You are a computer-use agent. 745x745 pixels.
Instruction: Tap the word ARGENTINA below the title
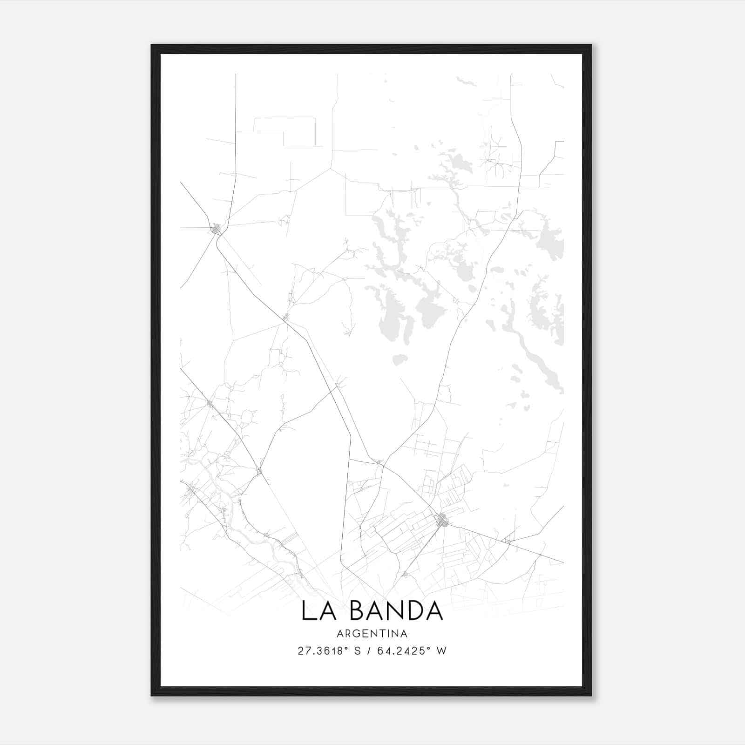[372, 634]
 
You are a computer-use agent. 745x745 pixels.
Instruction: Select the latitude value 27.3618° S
[329, 651]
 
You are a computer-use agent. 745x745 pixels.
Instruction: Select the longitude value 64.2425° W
[411, 651]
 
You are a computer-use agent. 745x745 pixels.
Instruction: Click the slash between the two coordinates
[370, 651]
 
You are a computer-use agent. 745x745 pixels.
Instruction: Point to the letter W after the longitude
[441, 651]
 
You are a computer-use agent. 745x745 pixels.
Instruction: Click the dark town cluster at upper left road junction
[216, 229]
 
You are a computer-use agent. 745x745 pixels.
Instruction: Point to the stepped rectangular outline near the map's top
[285, 132]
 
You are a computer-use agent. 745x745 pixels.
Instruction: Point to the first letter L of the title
[308, 611]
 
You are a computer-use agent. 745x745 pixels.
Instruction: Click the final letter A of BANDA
[433, 611]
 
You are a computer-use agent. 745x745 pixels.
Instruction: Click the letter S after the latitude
[357, 651]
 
